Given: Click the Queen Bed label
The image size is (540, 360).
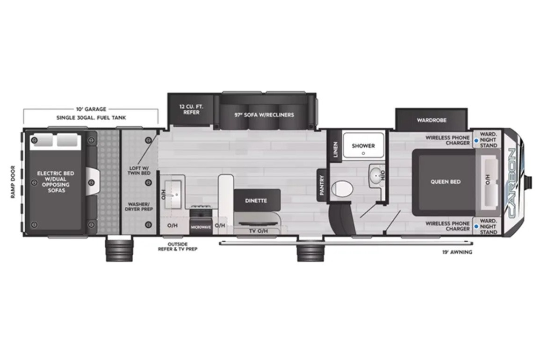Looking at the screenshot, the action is coord(445,181).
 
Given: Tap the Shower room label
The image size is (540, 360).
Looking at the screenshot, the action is coord(363,146).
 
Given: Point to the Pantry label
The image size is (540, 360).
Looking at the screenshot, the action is coord(322,185).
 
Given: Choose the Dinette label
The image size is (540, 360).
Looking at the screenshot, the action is coord(256,201).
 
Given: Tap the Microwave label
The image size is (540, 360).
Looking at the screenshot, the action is coord(201,227).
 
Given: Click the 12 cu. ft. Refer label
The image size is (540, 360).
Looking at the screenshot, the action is coord(192,109).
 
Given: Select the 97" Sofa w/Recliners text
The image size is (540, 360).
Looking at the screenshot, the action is coord(264,115).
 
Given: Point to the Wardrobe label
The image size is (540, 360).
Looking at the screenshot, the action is coord(432,120).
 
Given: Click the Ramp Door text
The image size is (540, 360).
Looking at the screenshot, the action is coord(13,182).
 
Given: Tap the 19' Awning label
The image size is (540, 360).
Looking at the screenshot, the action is coord(457,252).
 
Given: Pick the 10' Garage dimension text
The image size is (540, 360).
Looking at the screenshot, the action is coord(91,109).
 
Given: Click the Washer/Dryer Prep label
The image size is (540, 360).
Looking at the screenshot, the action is coord(139,206).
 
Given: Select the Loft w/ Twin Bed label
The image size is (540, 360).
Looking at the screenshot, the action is coord(139,170).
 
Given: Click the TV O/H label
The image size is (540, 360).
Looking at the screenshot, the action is coord(258,231).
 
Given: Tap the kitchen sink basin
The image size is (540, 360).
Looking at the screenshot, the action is coord(173,194).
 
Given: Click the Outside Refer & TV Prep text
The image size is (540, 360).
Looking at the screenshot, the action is coord(178,246).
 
